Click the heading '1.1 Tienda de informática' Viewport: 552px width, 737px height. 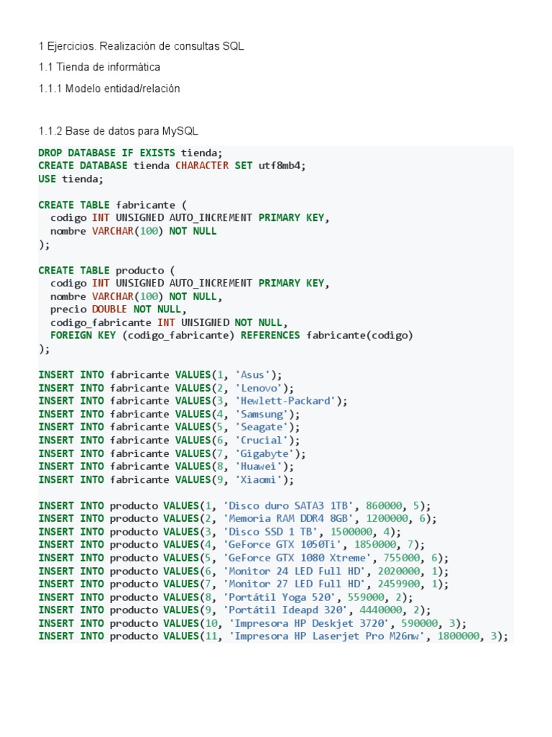[98, 67]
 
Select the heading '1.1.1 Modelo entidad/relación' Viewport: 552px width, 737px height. [109, 89]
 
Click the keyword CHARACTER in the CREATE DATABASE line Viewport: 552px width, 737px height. [202, 166]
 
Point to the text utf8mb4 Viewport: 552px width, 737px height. [282, 166]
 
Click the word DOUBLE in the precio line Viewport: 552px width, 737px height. [110, 309]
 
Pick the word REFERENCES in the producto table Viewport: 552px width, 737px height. [270, 335]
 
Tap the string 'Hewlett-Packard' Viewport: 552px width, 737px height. [285, 401]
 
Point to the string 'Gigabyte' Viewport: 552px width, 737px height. [264, 453]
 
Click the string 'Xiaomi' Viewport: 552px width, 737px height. [258, 479]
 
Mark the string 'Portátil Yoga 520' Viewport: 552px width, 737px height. [279, 597]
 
